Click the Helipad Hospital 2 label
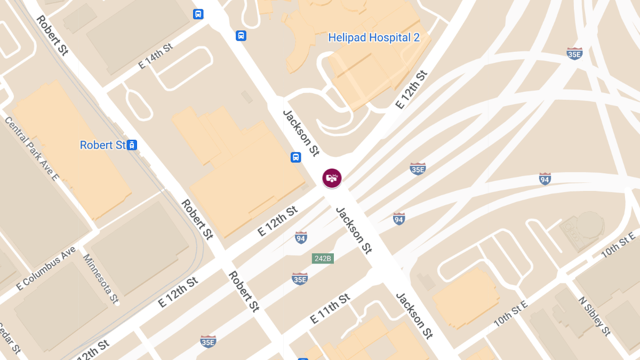374,38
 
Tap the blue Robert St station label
102,145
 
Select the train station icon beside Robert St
132,145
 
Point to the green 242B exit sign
322,259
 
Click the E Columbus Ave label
46,268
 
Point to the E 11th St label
331,309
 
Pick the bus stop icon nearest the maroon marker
295,157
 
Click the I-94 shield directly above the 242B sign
301,237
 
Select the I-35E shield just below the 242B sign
300,278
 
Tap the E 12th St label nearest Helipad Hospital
411,90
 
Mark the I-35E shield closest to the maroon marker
418,169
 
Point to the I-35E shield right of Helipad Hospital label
574,53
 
